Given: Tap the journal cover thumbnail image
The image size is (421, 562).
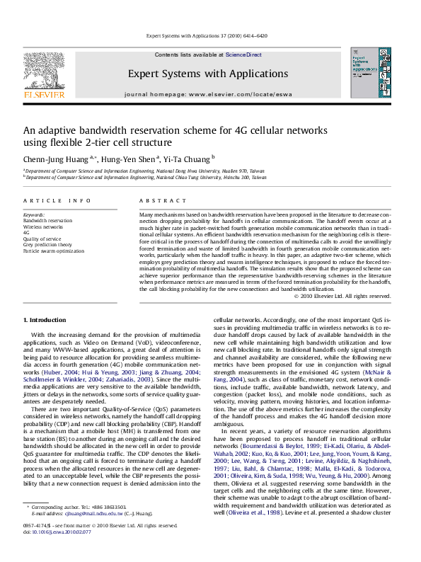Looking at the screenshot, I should [369, 73].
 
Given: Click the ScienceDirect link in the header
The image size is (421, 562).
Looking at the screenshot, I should [243, 55].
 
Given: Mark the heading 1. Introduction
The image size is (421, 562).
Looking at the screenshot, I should [45, 321].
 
